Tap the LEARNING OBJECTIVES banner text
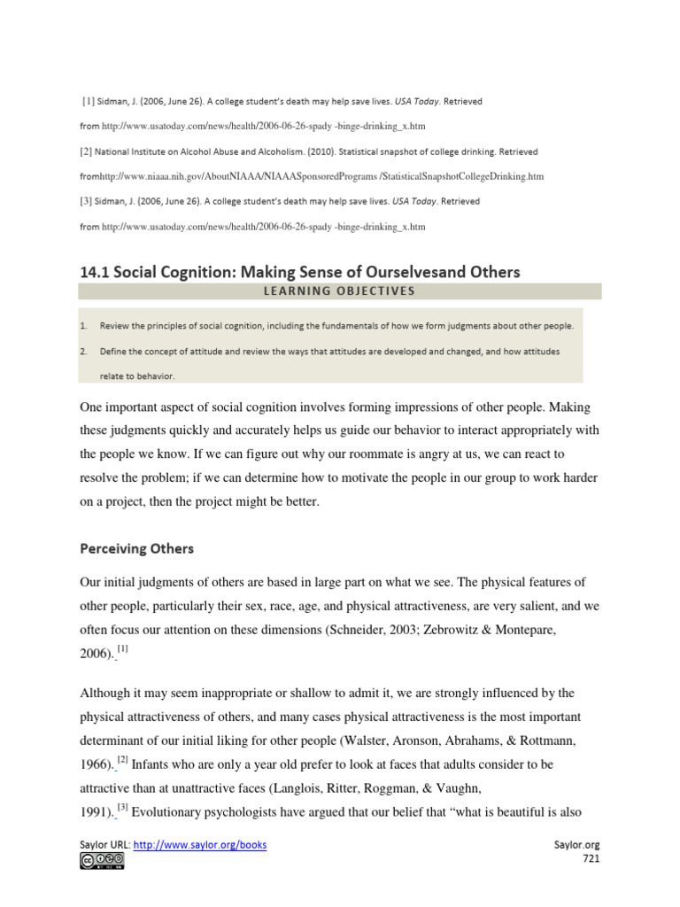pyautogui.click(x=338, y=291)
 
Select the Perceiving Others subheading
pyautogui.click(x=136, y=548)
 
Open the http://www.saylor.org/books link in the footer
pyautogui.click(x=200, y=845)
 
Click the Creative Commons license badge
pyautogui.click(x=102, y=861)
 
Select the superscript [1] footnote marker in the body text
pyautogui.click(x=123, y=650)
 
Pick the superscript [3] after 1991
pyautogui.click(x=123, y=783)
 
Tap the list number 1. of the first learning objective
pyautogui.click(x=83, y=326)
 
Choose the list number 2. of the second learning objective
pyautogui.click(x=83, y=352)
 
